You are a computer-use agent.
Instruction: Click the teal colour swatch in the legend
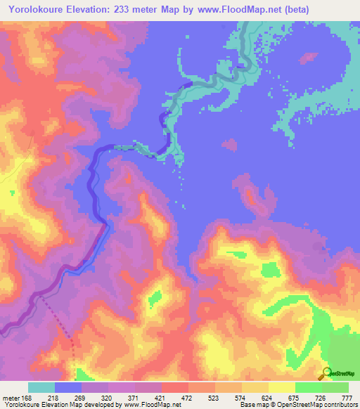(x=41, y=387)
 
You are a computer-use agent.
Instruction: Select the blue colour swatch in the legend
(x=68, y=387)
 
